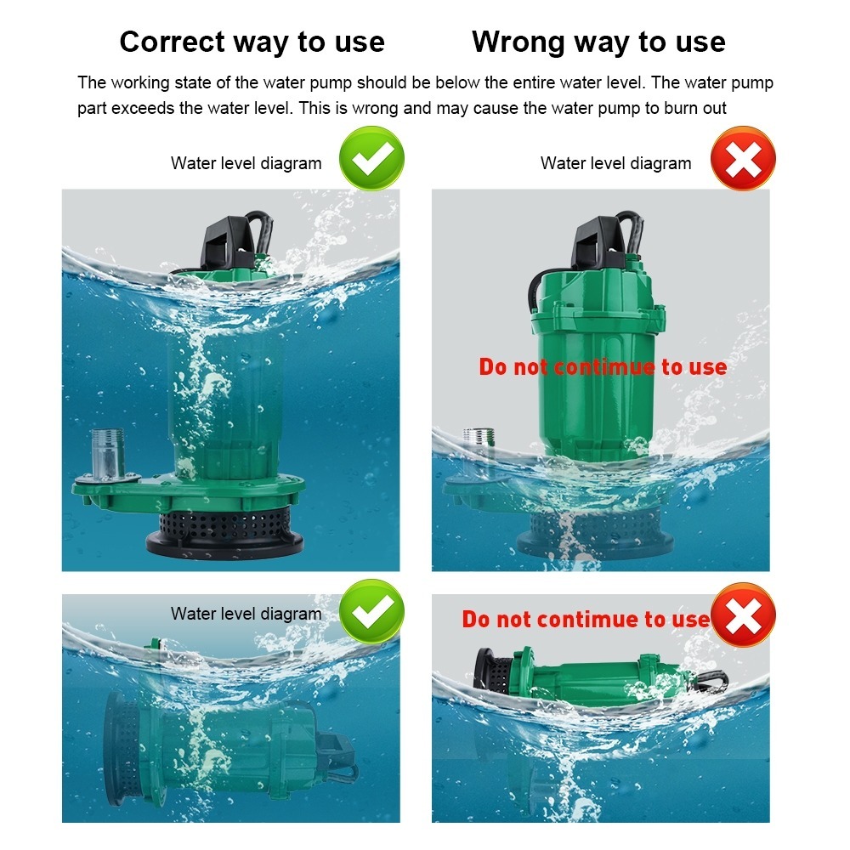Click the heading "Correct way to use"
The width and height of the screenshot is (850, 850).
tap(252, 42)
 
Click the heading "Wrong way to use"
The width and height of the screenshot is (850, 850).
tap(598, 42)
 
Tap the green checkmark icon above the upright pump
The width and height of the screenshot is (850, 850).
tap(372, 158)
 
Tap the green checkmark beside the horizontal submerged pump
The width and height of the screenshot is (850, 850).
tap(372, 611)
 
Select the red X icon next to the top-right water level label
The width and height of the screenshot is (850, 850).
tap(743, 158)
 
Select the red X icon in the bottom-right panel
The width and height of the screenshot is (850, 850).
tap(743, 615)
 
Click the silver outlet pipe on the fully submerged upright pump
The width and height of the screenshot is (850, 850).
tap(108, 454)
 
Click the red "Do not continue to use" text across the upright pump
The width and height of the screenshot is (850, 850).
tap(603, 367)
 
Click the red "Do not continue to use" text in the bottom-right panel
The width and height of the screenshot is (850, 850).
tap(586, 619)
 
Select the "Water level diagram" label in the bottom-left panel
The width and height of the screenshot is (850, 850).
tap(246, 614)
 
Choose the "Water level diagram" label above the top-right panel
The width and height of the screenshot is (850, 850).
tap(615, 163)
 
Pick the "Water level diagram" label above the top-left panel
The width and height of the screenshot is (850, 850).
tap(246, 163)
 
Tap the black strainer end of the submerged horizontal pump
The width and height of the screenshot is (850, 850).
tap(122, 749)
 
